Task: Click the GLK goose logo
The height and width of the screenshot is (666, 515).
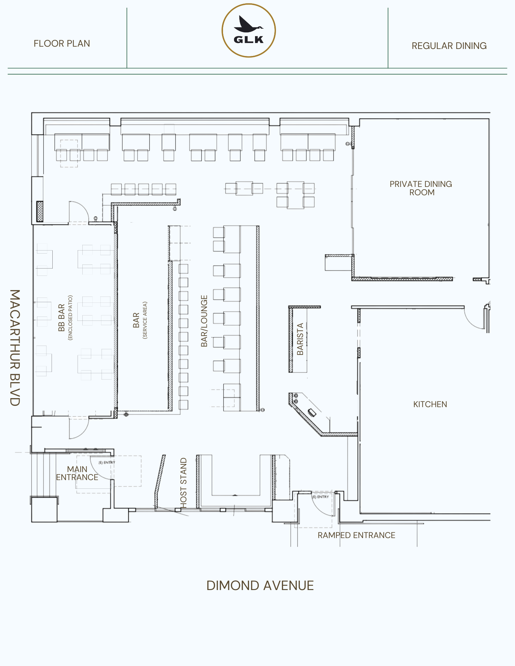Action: click(x=249, y=31)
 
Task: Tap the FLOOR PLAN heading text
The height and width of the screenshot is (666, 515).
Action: click(x=62, y=44)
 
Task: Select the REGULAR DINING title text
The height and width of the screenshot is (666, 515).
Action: click(x=449, y=46)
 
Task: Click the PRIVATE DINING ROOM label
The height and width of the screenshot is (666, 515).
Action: click(x=421, y=188)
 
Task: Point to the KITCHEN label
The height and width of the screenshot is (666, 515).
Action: click(x=430, y=404)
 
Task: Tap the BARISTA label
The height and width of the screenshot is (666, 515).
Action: click(x=300, y=339)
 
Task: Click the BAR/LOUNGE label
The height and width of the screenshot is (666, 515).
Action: click(x=204, y=321)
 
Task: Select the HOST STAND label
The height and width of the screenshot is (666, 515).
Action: click(x=183, y=483)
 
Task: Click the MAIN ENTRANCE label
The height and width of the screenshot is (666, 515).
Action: click(x=77, y=473)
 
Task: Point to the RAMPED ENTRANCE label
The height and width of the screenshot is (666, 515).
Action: click(x=356, y=535)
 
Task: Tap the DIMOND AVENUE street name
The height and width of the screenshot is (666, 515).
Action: click(x=260, y=586)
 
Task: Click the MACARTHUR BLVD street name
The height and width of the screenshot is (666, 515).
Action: click(x=15, y=347)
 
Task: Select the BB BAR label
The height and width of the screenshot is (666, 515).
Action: click(x=61, y=318)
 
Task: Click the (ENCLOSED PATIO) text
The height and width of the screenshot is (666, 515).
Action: click(x=70, y=318)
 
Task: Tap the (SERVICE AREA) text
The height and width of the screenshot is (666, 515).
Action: click(x=145, y=320)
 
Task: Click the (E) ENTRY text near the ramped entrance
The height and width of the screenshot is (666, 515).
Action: click(x=321, y=497)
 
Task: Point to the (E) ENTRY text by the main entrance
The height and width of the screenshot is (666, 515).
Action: click(x=107, y=462)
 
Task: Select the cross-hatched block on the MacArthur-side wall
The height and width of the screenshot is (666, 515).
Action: click(x=40, y=211)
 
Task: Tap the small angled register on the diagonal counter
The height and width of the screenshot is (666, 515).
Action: click(x=312, y=412)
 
